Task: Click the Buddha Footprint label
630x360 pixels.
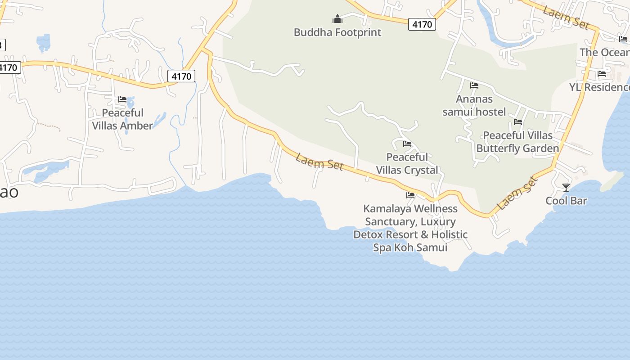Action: [x=337, y=32]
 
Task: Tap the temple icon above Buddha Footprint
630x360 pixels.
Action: [x=337, y=19]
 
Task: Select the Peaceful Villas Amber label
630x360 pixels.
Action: [x=122, y=119]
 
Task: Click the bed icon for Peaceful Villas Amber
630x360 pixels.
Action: [x=122, y=99]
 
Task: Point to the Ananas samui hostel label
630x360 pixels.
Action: [x=474, y=105]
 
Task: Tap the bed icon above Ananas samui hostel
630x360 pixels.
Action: [x=474, y=85]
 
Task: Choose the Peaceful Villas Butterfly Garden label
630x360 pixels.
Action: [x=517, y=142]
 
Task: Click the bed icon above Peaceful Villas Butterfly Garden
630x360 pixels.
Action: [x=518, y=122]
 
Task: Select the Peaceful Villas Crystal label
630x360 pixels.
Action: [x=407, y=163]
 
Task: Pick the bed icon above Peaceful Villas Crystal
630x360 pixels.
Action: [x=407, y=144]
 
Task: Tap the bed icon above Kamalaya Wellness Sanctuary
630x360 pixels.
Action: [x=410, y=195]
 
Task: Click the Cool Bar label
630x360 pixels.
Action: [x=566, y=201]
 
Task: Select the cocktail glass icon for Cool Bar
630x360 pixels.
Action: [x=566, y=187]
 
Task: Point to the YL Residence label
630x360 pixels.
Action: [x=599, y=87]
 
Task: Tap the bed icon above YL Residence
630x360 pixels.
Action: [x=602, y=74]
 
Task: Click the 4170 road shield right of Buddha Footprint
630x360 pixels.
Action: [x=422, y=24]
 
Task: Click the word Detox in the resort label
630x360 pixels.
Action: [x=368, y=234]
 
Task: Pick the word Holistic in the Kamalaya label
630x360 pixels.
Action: [x=449, y=234]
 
